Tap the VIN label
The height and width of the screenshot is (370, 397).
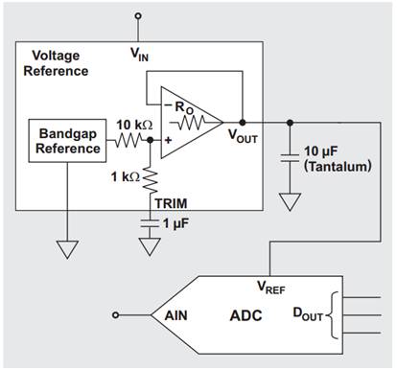(x=140, y=56)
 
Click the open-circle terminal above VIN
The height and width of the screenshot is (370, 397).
(x=140, y=16)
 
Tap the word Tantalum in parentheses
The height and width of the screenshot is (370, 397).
(x=337, y=167)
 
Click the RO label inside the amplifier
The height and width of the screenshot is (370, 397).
(x=182, y=106)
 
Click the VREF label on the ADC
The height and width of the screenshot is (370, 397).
(x=271, y=286)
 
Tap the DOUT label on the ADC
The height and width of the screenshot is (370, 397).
(x=307, y=313)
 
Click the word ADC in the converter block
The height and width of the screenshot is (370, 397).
(x=245, y=314)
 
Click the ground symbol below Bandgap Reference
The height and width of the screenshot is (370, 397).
(x=66, y=249)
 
